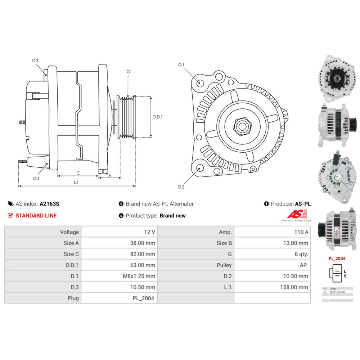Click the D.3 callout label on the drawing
[35, 61]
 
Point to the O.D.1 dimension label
[158, 117]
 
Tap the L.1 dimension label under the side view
[76, 183]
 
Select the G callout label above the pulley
[128, 72]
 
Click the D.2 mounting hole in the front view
[199, 167]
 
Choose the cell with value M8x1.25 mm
[120, 276]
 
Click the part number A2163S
[49, 204]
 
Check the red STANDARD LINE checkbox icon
[10, 216]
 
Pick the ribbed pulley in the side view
[127, 117]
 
